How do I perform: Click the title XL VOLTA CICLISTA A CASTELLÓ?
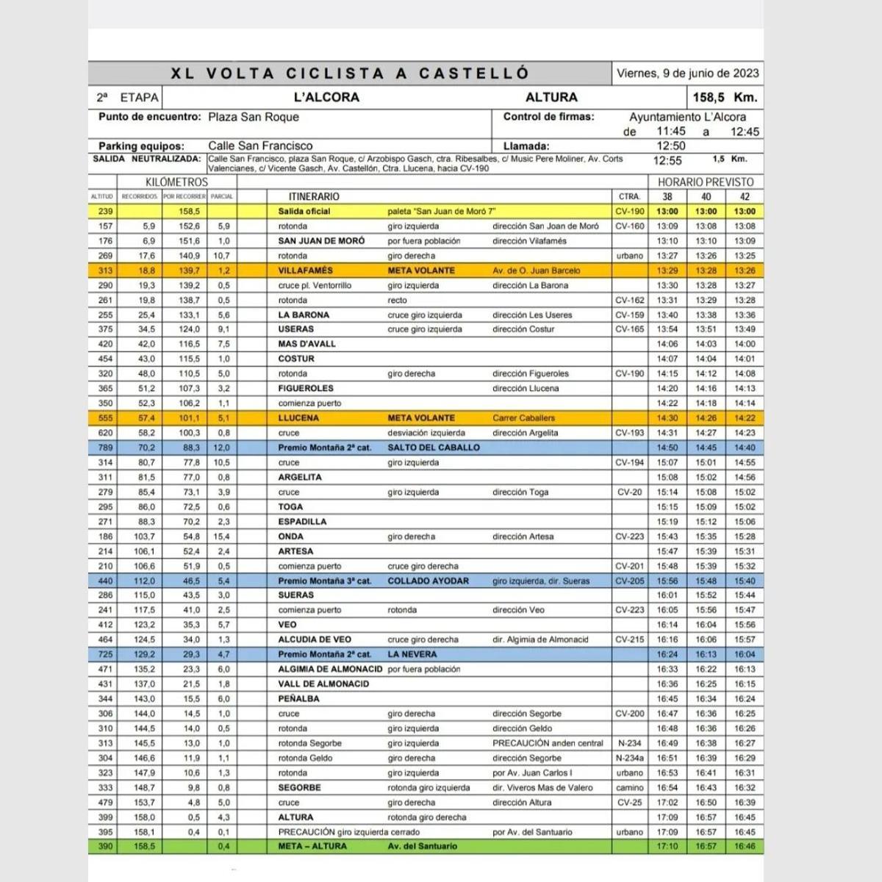tap(350, 73)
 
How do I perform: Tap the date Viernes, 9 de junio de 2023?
tap(688, 73)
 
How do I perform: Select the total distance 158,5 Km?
tap(724, 97)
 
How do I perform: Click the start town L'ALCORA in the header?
tap(326, 97)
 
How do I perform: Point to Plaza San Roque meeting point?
tap(254, 117)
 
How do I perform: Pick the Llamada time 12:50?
tap(670, 146)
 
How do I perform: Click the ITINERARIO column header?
tap(314, 196)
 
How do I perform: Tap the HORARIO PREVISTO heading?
tap(706, 182)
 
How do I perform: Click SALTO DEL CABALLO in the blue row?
tap(434, 448)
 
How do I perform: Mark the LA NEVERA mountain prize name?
tap(412, 654)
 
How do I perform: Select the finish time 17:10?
tap(667, 846)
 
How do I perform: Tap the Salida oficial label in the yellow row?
tap(304, 211)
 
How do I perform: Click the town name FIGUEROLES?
tap(306, 388)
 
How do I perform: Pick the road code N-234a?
tap(630, 758)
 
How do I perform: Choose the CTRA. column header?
tap(630, 196)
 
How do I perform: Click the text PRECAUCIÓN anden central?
tap(548, 743)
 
